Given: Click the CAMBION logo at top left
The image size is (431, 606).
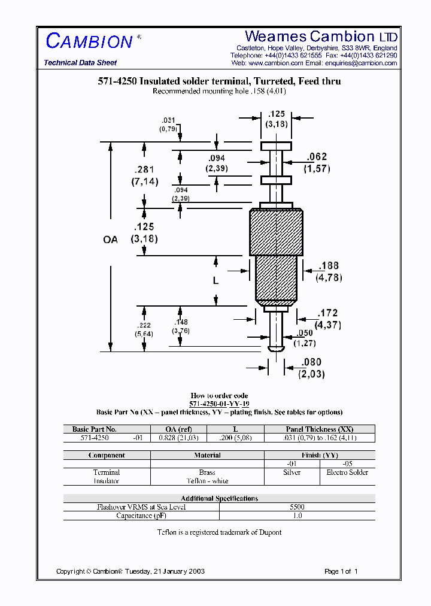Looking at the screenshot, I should pyautogui.click(x=89, y=41).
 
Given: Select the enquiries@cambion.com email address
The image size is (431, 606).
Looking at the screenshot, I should pyautogui.click(x=361, y=63).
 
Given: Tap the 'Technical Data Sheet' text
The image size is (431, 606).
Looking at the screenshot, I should pyautogui.click(x=80, y=63).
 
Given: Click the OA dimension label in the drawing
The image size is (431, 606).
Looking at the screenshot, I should pyautogui.click(x=111, y=240).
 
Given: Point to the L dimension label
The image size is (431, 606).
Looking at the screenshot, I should pyautogui.click(x=216, y=280).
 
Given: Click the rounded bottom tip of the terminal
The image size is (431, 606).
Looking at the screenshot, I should pyautogui.click(x=276, y=348).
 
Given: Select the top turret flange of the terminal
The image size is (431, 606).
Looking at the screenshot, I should pyautogui.click(x=276, y=146).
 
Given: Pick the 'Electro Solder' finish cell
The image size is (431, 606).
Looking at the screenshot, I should pyautogui.click(x=347, y=472).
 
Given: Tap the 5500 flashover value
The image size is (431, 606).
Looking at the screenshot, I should pyautogui.click(x=297, y=507).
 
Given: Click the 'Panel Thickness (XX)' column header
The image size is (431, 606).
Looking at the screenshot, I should pyautogui.click(x=320, y=429).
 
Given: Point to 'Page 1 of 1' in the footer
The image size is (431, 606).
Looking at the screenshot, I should pyautogui.click(x=341, y=571).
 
